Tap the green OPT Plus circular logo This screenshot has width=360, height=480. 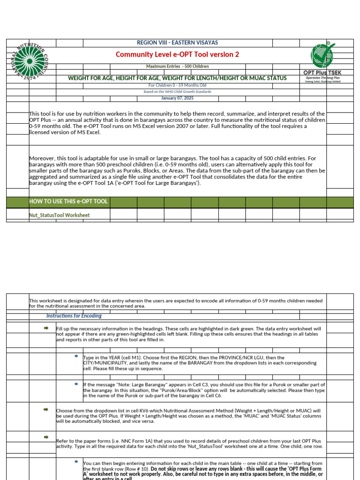click(x=323, y=55)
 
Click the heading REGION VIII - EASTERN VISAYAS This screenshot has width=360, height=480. click(x=177, y=43)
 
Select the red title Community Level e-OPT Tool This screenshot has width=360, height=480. click(x=177, y=55)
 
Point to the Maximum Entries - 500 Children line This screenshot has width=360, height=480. click(x=177, y=67)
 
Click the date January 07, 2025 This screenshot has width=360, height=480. click(x=177, y=98)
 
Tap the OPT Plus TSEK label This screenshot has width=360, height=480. click(x=323, y=73)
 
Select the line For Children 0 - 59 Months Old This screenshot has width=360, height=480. click(x=177, y=85)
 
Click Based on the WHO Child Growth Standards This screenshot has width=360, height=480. click(x=177, y=92)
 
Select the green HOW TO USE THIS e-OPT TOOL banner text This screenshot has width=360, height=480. click(x=68, y=202)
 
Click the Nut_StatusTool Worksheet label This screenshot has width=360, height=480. click(x=60, y=215)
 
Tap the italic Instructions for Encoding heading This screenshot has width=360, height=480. click(x=74, y=316)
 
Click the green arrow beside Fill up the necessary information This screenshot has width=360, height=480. click(x=46, y=329)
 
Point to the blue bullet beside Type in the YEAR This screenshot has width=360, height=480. click(x=76, y=357)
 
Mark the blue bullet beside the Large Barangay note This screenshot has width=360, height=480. click(x=76, y=383)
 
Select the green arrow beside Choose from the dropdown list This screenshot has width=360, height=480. click(x=46, y=410)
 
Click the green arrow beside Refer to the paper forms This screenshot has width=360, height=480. click(x=46, y=437)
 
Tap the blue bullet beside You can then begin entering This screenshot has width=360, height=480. click(x=76, y=462)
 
